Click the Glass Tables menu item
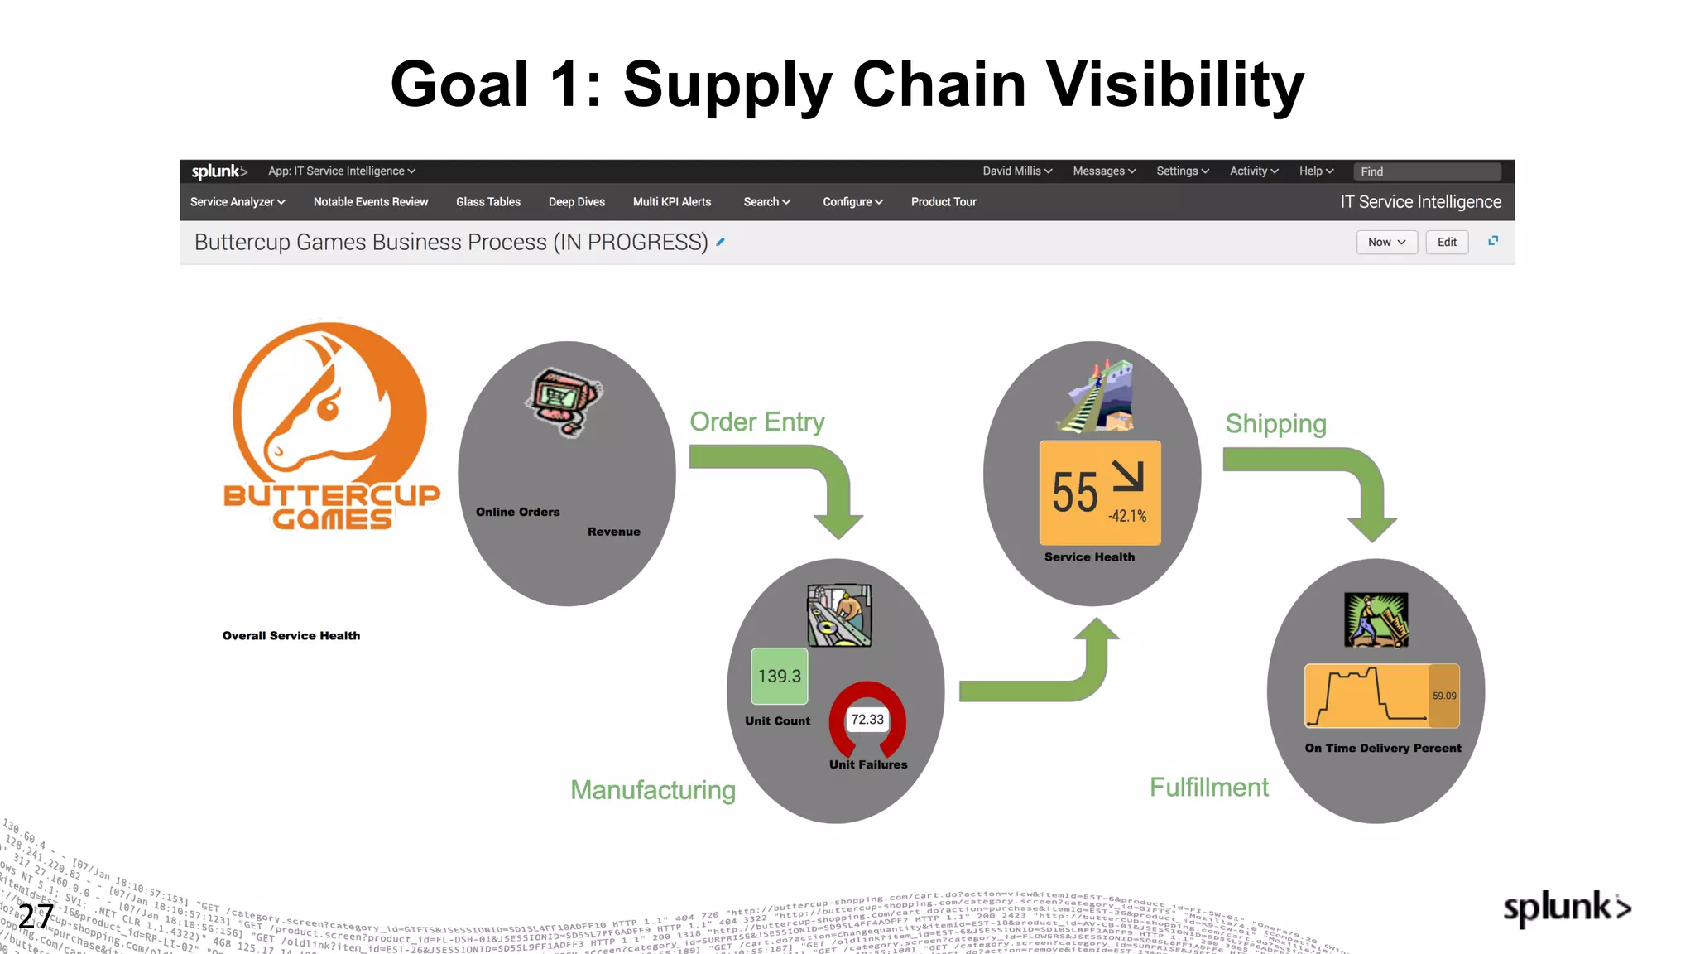(487, 202)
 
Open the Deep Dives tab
(576, 202)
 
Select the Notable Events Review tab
(370, 202)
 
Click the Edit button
(1447, 242)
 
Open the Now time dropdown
(1386, 242)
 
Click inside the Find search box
(1427, 171)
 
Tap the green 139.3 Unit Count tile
(779, 676)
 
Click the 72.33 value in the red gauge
(867, 720)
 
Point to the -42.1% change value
(1127, 516)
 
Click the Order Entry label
(757, 422)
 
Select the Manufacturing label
(652, 790)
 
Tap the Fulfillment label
(1208, 787)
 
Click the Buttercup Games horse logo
(329, 406)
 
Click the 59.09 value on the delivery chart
(1444, 696)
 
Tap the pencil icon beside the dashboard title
(721, 242)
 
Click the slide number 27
(36, 916)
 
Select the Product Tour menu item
(944, 202)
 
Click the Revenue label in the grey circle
(613, 532)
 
